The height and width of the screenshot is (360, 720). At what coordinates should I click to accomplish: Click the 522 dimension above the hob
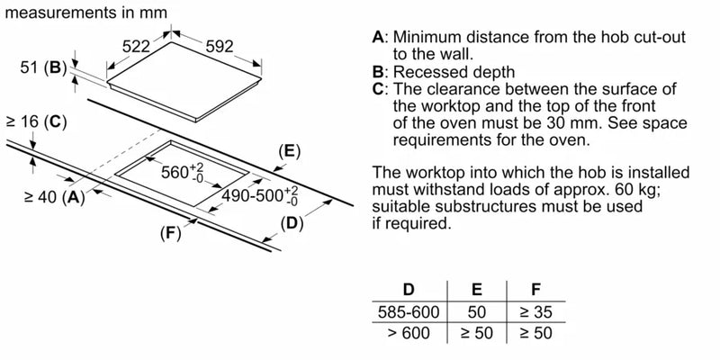[x=137, y=45]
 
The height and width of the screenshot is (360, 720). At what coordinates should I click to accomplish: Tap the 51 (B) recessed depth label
[x=43, y=67]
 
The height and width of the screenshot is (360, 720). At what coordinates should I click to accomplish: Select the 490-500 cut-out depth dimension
[x=257, y=195]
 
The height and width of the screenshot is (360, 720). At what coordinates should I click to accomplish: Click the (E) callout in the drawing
[x=288, y=150]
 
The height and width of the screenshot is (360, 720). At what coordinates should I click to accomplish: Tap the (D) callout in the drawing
[x=291, y=221]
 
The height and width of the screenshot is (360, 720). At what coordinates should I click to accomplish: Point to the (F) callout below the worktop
[x=170, y=232]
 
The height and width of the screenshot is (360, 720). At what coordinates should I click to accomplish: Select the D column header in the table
[x=408, y=290]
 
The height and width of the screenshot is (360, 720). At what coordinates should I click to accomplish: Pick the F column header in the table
[x=536, y=290]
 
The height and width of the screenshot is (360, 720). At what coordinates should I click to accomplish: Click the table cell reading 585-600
[x=408, y=312]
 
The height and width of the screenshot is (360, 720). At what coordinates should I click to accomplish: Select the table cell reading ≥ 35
[x=537, y=312]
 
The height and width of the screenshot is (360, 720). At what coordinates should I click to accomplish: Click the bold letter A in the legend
[x=378, y=38]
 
